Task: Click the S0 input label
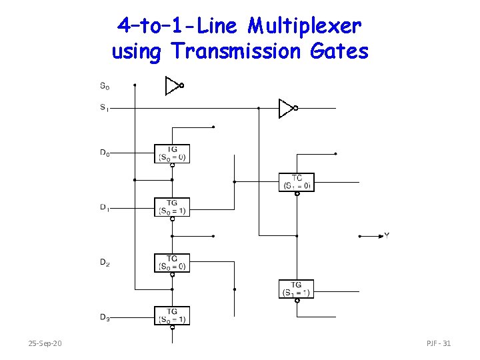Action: pos(105,86)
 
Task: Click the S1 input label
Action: pos(105,107)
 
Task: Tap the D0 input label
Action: pos(105,153)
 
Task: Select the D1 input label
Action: pos(105,207)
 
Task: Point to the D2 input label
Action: pos(105,263)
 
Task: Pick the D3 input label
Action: pos(105,317)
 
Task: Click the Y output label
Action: pos(387,235)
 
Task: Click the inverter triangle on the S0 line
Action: pos(172,85)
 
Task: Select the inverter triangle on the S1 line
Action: pos(285,107)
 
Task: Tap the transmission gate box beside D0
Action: pos(172,153)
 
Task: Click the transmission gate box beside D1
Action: pos(172,207)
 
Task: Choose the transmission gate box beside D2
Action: pos(172,263)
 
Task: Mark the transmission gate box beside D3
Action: pos(172,315)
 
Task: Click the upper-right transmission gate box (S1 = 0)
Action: pos(296,182)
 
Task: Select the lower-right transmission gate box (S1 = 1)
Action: pos(296,289)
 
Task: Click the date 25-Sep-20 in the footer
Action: pos(45,343)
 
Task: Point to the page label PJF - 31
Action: pos(439,343)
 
